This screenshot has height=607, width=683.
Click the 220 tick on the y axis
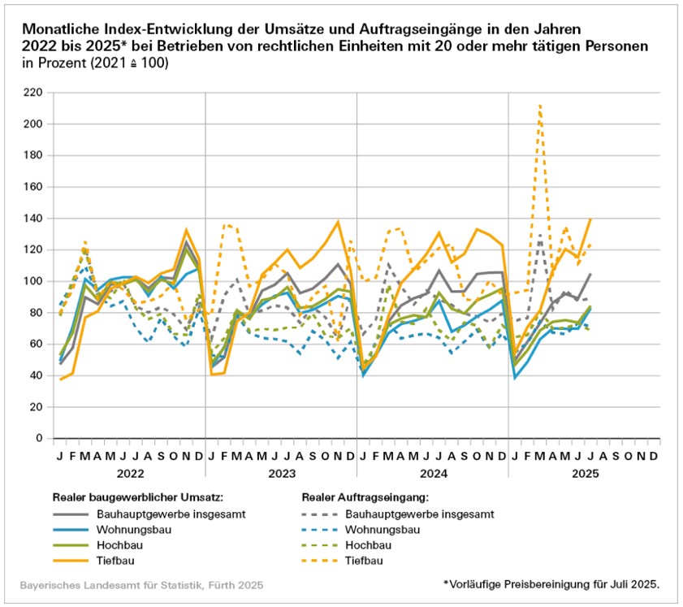33,93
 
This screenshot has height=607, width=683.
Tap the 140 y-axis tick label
33,219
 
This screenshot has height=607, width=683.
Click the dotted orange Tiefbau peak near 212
539,106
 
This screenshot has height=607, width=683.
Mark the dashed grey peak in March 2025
539,236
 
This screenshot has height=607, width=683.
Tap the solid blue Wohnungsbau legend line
71,529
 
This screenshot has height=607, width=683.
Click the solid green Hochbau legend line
71,544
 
